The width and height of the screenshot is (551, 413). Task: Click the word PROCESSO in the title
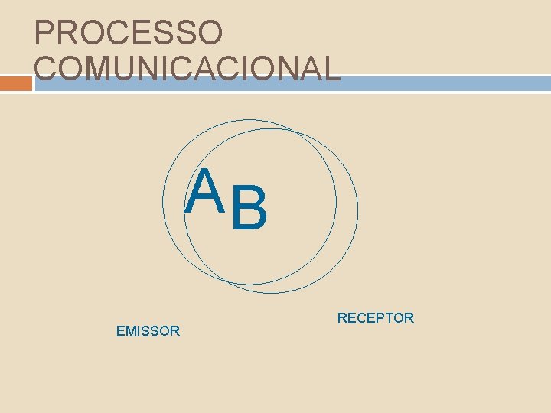point(129,32)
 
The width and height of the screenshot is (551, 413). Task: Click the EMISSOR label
point(148,331)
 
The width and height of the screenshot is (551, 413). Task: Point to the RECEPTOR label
point(375,317)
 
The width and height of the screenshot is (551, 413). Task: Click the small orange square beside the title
point(16,83)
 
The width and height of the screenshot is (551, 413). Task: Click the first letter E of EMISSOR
point(120,331)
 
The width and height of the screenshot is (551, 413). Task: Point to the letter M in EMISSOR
point(130,331)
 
